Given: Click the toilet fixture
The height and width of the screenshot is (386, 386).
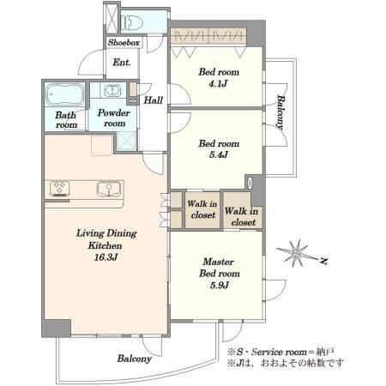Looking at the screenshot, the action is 131,22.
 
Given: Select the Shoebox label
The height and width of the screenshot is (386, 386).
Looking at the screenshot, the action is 124,43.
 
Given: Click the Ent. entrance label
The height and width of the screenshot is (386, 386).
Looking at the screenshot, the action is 122,62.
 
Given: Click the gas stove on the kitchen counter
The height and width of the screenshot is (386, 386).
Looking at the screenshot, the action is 60,189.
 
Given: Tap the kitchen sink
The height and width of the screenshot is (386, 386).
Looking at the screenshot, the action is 109,189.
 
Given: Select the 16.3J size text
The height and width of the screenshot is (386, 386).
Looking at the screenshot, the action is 106,257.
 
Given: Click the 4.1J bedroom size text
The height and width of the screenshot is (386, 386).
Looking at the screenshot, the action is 218,83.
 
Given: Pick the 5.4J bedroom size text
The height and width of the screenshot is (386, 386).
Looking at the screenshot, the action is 219,154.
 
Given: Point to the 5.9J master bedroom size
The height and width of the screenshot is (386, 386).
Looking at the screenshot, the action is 220,285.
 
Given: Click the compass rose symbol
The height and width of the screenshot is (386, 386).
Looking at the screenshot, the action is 297,253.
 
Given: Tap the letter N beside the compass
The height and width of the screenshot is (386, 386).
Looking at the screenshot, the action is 323,261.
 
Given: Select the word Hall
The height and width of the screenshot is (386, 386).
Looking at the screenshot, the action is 154,100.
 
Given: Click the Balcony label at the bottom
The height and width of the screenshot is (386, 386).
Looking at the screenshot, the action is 134,359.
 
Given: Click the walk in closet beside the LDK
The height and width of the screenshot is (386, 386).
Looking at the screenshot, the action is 202,209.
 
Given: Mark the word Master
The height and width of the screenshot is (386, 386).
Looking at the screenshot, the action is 219,262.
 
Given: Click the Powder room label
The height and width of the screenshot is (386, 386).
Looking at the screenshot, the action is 114,118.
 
